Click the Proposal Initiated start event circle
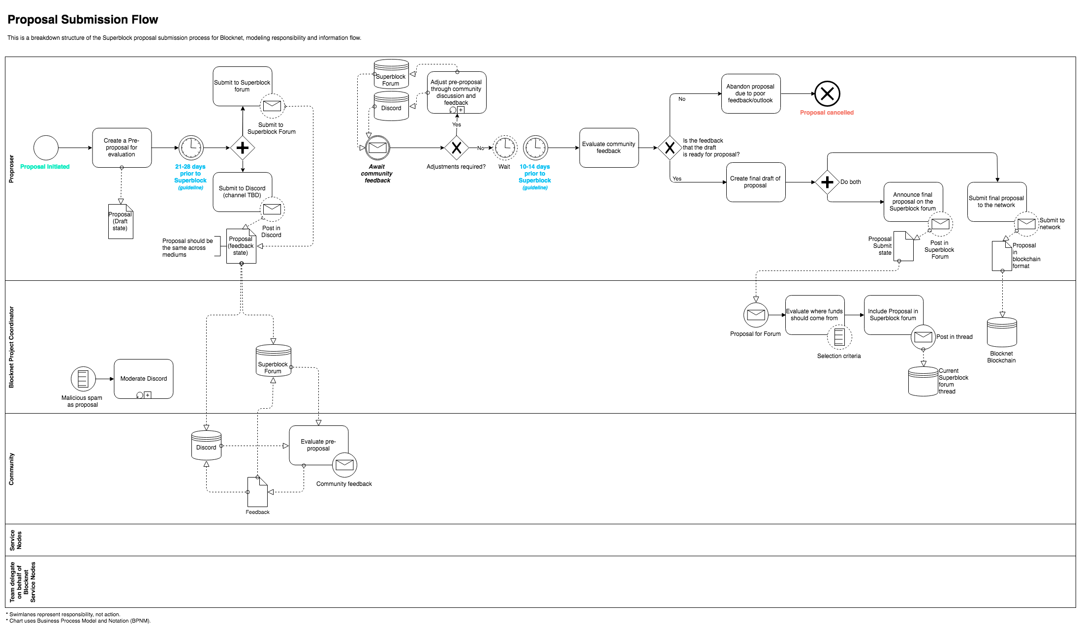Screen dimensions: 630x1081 [46, 148]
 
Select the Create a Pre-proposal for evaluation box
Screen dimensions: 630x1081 [122, 148]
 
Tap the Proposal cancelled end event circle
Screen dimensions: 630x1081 [827, 93]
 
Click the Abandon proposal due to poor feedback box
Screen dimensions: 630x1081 [750, 93]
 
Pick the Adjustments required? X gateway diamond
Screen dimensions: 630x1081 [456, 148]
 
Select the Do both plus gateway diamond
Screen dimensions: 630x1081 [827, 182]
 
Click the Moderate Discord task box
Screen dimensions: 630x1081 [143, 379]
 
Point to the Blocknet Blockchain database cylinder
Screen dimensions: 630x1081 [1002, 332]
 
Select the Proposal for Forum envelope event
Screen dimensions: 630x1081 [756, 315]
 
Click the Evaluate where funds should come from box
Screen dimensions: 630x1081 [814, 315]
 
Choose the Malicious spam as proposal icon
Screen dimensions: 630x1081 [83, 379]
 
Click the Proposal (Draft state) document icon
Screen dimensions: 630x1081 [121, 222]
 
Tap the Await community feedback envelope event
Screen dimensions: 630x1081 [377, 148]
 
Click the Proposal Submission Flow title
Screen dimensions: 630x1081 [83, 20]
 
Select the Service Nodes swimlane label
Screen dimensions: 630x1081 [16, 540]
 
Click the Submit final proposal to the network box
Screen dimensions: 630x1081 [996, 202]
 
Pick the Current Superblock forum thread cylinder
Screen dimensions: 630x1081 [923, 382]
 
